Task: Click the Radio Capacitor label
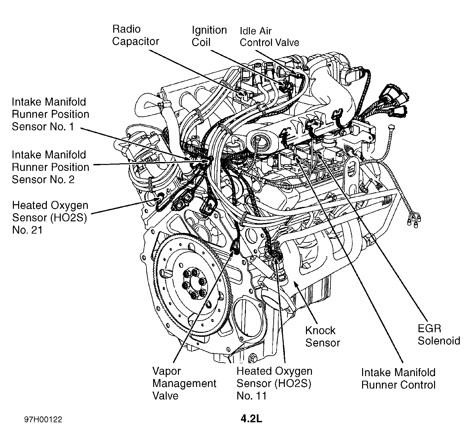click(135, 35)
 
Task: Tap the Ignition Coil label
click(209, 36)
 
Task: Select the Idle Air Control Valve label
click(269, 37)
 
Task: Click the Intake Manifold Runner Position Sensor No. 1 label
click(51, 114)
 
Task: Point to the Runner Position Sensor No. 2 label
click(51, 167)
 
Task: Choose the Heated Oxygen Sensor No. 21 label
click(50, 218)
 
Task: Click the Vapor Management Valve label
click(184, 383)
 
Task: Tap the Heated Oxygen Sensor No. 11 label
click(274, 383)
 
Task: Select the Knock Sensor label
click(322, 336)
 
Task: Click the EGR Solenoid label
click(439, 335)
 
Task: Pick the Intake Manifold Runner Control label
click(398, 379)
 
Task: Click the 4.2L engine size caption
click(252, 419)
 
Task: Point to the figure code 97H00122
click(43, 420)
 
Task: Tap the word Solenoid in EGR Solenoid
click(439, 340)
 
